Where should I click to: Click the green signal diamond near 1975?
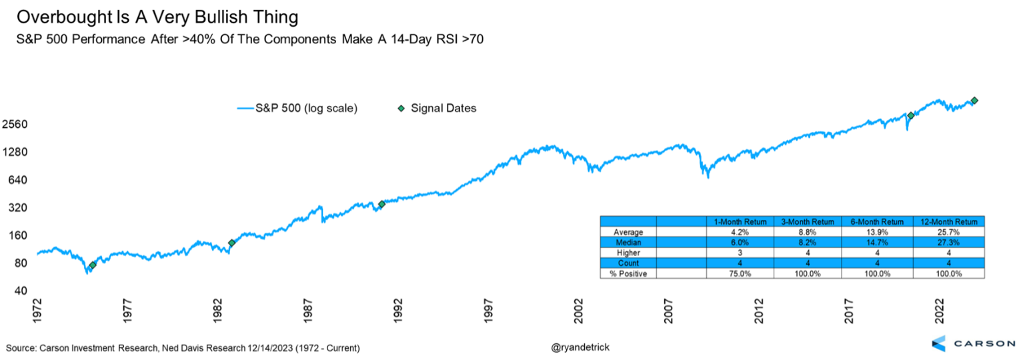click(93, 265)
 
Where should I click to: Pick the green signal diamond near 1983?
click(232, 243)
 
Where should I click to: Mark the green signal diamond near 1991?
click(381, 204)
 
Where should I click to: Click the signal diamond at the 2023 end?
click(974, 101)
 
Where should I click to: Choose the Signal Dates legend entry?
click(443, 108)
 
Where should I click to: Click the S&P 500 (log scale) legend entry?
click(307, 108)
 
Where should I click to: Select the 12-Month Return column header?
click(948, 221)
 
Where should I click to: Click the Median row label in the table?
click(628, 242)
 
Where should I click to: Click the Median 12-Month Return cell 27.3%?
click(948, 242)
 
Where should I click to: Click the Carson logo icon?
click(938, 343)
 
